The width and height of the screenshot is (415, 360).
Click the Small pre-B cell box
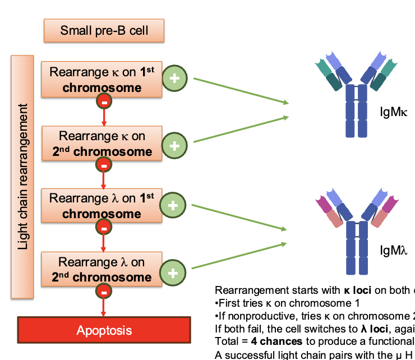(104, 30)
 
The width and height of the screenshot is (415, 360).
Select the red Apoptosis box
(104, 330)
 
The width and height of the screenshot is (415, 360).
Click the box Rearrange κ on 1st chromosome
(102, 80)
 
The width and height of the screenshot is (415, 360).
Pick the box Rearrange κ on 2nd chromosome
(102, 144)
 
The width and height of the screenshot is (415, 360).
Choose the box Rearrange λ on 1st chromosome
(102, 206)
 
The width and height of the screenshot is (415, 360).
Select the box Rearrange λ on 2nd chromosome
(102, 270)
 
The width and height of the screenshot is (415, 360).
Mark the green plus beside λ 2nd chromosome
(172, 273)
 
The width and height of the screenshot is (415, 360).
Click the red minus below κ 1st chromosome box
(104, 101)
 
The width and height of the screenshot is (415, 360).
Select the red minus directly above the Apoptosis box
(104, 292)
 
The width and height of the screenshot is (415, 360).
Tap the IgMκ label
(393, 112)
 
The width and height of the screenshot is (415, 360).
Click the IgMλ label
(393, 250)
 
